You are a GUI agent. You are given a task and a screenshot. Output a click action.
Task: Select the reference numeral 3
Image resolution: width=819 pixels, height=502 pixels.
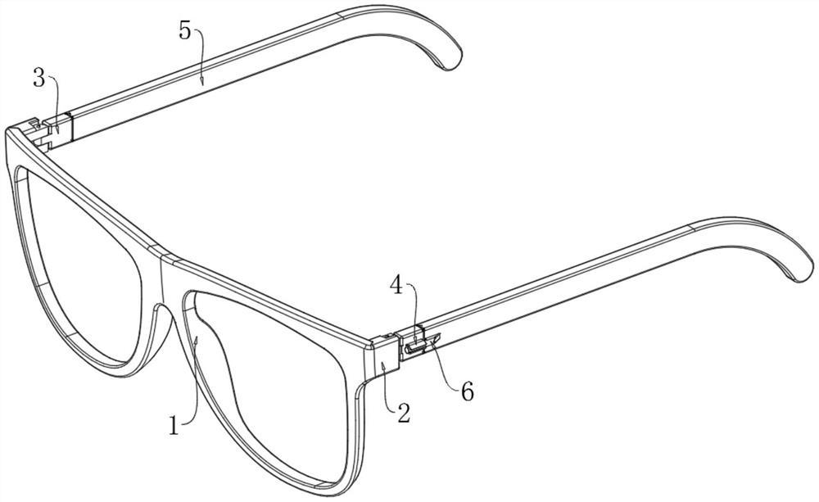(x=38, y=79)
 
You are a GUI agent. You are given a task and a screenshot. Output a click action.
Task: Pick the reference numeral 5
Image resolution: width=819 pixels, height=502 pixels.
(x=184, y=31)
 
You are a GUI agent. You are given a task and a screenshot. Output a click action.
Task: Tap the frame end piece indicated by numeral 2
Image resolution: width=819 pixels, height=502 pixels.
(x=382, y=358)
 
